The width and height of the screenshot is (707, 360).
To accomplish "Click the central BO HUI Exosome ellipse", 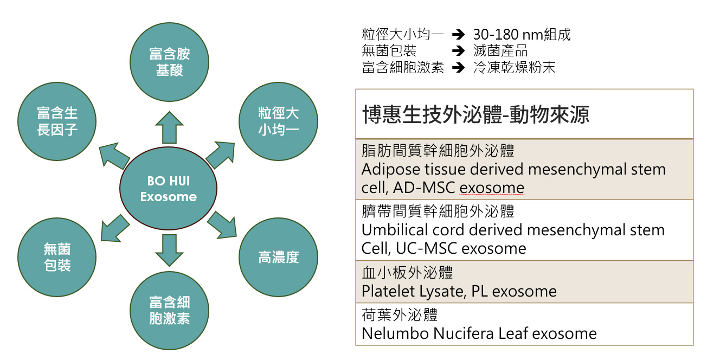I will pos(168,188).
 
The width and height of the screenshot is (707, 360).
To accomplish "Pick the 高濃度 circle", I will pos(278,258).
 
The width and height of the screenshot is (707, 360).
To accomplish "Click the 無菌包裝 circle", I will pos(57,258).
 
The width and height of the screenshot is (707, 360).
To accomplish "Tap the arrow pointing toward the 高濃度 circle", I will pos(223,224).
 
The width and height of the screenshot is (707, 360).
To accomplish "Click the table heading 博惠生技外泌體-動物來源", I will pos(475,115).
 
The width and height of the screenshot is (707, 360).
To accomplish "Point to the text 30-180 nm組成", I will pos(522,35).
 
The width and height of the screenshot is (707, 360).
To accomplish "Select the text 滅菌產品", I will pos(500,52).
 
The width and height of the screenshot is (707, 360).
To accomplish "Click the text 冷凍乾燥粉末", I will pos(514,68).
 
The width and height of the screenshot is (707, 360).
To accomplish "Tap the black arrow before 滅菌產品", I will pos(459,52).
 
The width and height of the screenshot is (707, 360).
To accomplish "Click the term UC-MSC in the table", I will pos(416,248).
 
